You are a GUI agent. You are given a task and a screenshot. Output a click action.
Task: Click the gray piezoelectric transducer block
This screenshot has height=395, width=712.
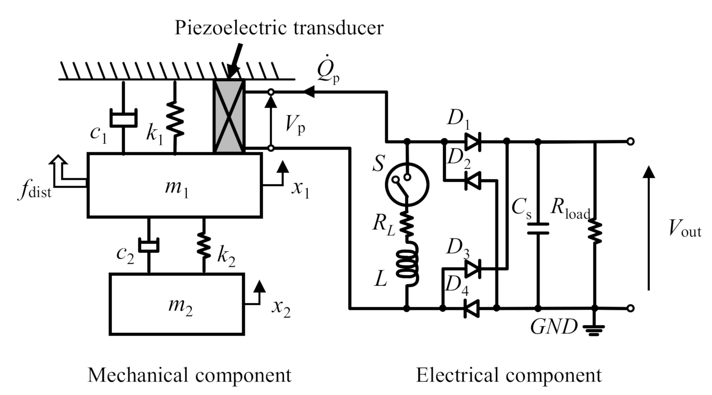tap(229, 116)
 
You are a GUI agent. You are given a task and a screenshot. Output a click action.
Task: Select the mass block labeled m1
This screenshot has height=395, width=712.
tap(175, 185)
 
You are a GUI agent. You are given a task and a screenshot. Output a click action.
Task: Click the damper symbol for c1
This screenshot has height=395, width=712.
tap(123, 118)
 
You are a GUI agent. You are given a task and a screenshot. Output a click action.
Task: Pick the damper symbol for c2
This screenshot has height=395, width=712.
tap(149, 244)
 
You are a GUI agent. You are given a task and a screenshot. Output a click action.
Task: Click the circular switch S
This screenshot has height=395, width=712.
tap(407, 182)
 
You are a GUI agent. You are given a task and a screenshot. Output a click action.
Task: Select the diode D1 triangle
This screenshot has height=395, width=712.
tap(473, 142)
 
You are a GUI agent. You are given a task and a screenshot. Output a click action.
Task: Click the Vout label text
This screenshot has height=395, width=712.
tap(683, 229)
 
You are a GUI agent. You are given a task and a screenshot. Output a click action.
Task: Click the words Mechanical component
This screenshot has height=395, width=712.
tap(189, 375)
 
